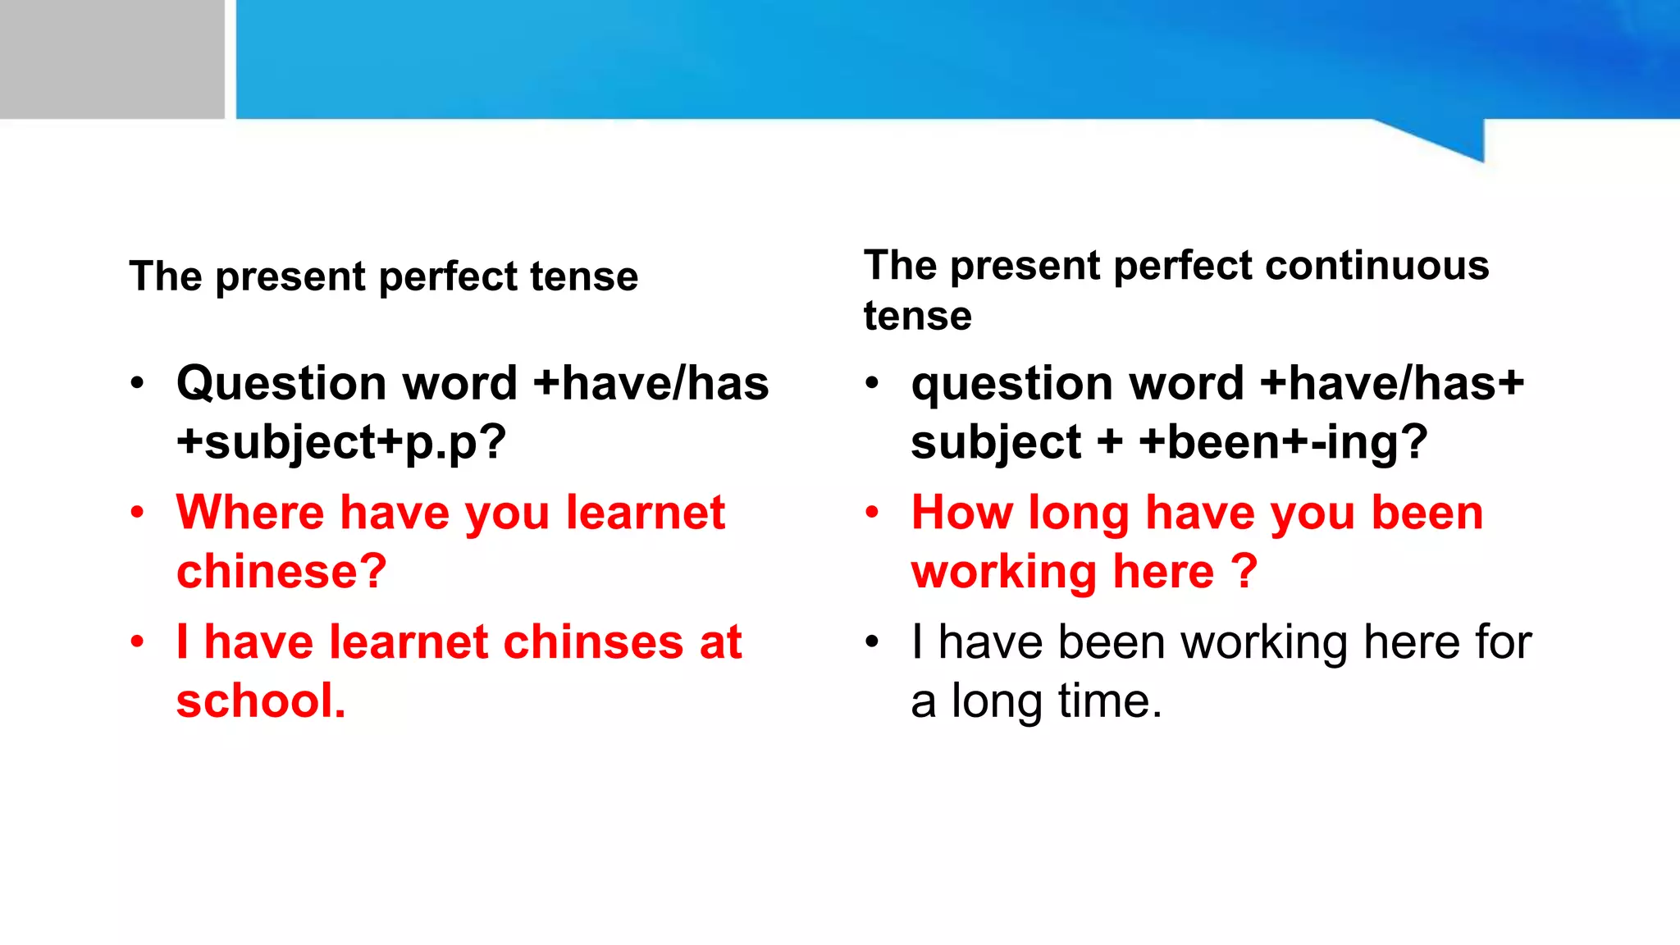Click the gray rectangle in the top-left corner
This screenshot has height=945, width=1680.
112,59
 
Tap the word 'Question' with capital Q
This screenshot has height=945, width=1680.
281,384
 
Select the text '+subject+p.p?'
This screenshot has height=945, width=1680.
341,443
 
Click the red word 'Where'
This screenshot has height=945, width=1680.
250,513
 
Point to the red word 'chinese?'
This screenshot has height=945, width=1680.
281,572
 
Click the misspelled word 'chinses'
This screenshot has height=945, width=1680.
593,642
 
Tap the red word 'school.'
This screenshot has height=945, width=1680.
261,701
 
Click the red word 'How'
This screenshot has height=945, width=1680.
962,513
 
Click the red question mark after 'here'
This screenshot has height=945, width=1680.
1244,572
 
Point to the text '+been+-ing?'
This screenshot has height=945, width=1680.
1283,443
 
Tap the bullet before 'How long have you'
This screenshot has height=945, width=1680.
872,513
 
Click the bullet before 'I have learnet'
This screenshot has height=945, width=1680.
137,641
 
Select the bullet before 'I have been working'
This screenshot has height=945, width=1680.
872,641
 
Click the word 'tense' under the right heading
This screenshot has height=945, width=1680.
917,317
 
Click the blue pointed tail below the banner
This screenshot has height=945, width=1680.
1452,139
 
